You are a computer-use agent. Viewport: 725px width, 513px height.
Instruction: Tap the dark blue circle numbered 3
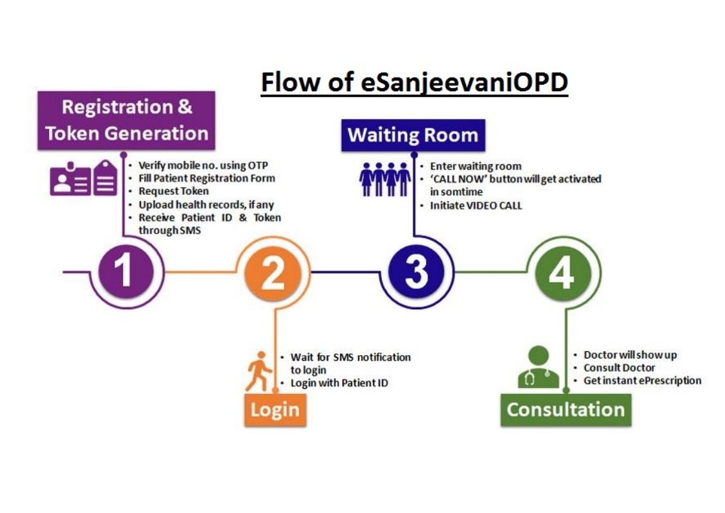416,272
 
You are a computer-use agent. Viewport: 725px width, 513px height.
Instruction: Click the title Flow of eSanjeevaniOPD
414,83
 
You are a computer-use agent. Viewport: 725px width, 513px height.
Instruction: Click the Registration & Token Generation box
127,120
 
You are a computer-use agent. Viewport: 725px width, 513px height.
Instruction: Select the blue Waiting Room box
413,135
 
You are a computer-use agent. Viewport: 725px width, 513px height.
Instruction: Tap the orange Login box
275,409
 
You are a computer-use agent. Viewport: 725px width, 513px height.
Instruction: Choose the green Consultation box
565,409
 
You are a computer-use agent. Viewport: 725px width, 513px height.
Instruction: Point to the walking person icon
258,371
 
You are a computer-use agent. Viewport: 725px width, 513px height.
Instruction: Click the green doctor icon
538,367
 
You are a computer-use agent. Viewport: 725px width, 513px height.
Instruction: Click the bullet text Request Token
174,191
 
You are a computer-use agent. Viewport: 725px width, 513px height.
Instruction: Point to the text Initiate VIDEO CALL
476,206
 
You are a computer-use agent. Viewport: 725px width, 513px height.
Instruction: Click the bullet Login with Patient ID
339,382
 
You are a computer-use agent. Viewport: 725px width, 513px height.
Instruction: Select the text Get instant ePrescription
642,380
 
